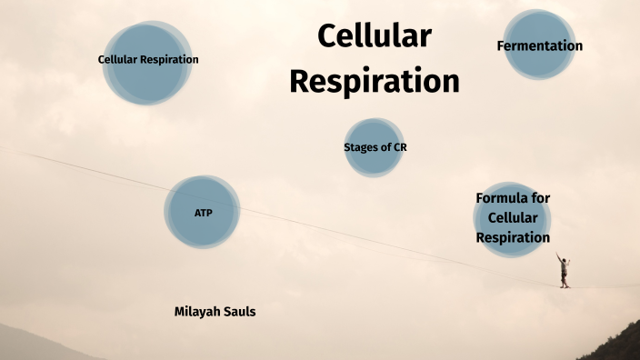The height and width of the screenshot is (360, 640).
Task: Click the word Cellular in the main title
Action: coord(374,36)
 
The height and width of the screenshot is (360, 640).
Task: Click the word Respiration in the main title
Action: coord(374,81)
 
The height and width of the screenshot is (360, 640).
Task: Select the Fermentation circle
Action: coord(540,45)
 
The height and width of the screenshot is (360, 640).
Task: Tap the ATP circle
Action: coord(202,212)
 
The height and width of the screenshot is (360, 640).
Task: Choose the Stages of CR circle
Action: coord(374,146)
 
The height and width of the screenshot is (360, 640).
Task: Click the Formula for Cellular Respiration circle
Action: coord(513,218)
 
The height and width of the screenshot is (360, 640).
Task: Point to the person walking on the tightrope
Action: coord(565,271)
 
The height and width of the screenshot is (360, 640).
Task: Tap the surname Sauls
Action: coord(240,311)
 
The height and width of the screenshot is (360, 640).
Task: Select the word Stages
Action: coord(361,146)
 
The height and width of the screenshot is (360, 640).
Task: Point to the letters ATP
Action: coord(202,212)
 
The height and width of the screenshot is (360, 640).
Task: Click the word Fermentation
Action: coord(540,45)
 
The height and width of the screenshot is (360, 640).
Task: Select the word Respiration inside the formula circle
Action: coord(513,237)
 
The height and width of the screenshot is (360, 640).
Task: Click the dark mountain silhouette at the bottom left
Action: coord(27,345)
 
